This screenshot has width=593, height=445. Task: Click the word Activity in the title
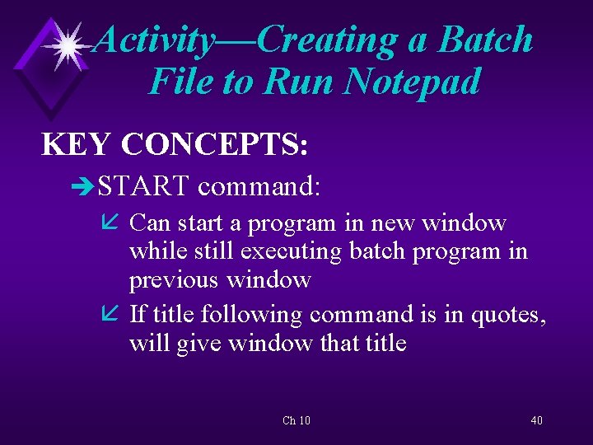tap(153, 40)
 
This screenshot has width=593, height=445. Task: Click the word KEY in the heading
tap(76, 144)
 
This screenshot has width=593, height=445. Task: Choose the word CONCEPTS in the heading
tap(214, 144)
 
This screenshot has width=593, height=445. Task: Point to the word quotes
tap(503, 314)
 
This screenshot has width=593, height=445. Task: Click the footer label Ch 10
tap(296, 421)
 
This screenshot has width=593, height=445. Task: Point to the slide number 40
tap(536, 421)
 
